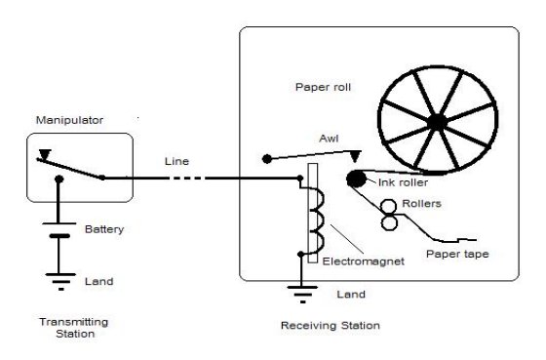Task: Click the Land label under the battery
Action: [98, 281]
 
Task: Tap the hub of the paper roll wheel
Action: [435, 121]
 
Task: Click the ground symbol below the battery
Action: [59, 282]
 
